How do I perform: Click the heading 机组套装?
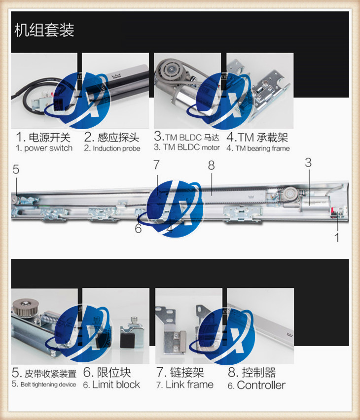[x=44, y=30]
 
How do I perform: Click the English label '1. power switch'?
[x=44, y=148]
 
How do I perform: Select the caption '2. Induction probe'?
[x=112, y=148]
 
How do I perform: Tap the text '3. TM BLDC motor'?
[x=187, y=147]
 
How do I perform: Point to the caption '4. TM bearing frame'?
[x=258, y=148]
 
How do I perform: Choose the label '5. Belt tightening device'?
[x=44, y=385]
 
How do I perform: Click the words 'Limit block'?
[x=116, y=385]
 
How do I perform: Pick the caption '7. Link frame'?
[x=185, y=385]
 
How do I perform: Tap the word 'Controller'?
[x=261, y=385]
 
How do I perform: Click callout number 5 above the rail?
[x=16, y=169]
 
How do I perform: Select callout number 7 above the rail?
[x=157, y=165]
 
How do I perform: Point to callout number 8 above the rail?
[x=212, y=165]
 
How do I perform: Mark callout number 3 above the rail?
[x=309, y=163]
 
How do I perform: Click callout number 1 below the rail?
[x=337, y=238]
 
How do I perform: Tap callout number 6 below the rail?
[x=138, y=228]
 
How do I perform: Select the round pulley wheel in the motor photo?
[x=170, y=70]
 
